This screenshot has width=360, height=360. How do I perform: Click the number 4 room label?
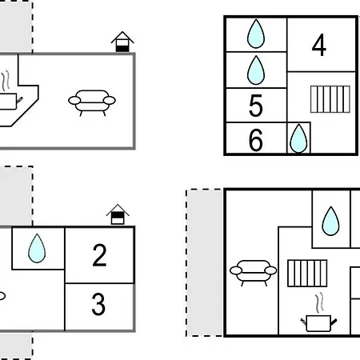coord(319,45)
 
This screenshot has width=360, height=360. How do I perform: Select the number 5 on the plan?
coord(256,106)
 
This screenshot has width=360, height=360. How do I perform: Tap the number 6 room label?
coord(256,140)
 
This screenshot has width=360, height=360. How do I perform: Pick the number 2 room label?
coord(99,255)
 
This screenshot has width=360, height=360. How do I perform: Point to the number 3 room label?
coord(98,304)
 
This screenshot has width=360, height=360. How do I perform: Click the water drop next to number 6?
coord(298,138)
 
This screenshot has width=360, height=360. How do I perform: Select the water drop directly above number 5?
coord(256,70)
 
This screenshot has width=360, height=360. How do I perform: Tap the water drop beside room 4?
coord(256,34)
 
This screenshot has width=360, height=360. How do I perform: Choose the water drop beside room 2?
coord(37,248)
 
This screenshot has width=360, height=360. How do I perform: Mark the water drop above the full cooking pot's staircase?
coord(330,221)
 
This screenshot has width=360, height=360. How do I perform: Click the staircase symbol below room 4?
coord(330,99)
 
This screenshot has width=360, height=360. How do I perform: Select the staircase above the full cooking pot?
coord(307,274)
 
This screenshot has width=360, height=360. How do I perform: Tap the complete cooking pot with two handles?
coord(318,323)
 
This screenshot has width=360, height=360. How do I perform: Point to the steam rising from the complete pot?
coord(319,302)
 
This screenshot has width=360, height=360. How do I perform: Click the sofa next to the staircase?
coord(254,273)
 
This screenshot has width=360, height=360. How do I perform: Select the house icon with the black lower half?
coord(122,42)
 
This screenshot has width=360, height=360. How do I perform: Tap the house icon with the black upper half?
coord(118,214)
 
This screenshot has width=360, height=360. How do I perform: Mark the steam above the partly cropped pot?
coord(6,81)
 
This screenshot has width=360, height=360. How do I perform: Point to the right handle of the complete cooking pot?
coord(334,322)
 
